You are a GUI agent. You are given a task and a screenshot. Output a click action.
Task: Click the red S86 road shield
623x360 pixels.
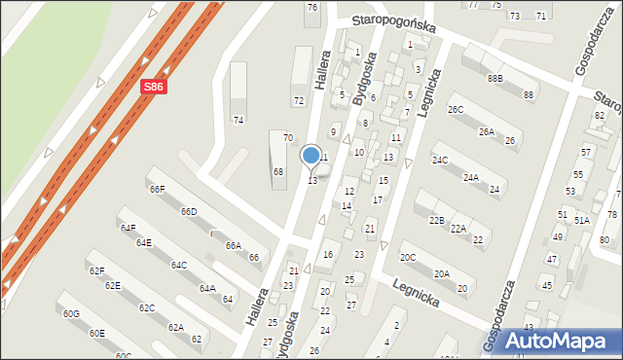[x=153, y=87]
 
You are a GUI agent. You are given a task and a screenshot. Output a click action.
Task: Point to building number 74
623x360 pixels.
[x=238, y=120]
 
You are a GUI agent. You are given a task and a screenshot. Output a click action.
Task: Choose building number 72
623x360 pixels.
[x=298, y=101]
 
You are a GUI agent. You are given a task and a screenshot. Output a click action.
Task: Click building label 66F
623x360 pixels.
[x=157, y=189]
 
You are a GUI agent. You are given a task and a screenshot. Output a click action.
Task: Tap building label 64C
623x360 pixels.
[x=178, y=265]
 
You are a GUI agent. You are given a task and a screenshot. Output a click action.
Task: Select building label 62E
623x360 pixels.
[x=112, y=286]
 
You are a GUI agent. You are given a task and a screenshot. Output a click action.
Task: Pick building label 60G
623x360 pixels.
[x=71, y=314]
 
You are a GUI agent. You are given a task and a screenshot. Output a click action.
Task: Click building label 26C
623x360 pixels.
[x=455, y=110]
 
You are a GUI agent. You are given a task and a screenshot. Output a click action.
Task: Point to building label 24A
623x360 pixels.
[x=470, y=178]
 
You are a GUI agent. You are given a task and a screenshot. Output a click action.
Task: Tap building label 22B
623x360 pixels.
[x=436, y=221]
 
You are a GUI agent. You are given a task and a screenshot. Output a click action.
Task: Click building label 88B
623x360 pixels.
[x=495, y=78]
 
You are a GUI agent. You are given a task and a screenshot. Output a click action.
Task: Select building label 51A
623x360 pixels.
[x=581, y=221]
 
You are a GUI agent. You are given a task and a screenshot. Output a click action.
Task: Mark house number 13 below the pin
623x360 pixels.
[x=312, y=181]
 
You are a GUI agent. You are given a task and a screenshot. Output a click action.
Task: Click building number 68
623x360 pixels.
[x=277, y=172]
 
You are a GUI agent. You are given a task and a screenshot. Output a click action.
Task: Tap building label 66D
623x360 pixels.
[x=188, y=212]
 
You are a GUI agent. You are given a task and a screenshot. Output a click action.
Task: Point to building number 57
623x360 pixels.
[x=586, y=153]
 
